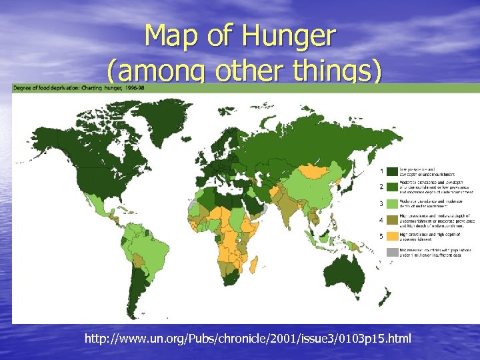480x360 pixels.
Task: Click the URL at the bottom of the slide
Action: tap(248, 339)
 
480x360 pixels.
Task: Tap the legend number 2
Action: tap(381, 187)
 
